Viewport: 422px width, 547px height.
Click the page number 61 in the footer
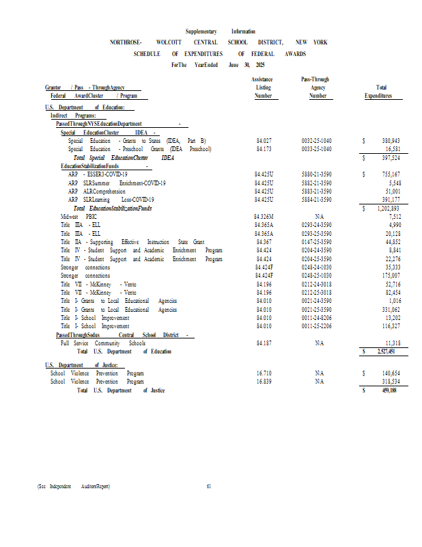(x=209, y=486)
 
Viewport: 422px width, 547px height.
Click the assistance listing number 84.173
(x=264, y=148)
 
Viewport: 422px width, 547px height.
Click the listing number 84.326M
(x=264, y=215)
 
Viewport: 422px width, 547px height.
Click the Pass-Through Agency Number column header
(x=317, y=88)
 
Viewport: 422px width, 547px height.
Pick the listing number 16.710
(x=264, y=373)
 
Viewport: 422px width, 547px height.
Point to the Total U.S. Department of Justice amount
(x=388, y=390)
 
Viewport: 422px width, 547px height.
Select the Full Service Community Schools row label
(x=103, y=343)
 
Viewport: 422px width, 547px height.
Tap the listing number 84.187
(x=264, y=343)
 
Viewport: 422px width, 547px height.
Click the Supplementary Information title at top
(x=221, y=31)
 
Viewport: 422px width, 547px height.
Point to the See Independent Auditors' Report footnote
(x=73, y=486)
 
